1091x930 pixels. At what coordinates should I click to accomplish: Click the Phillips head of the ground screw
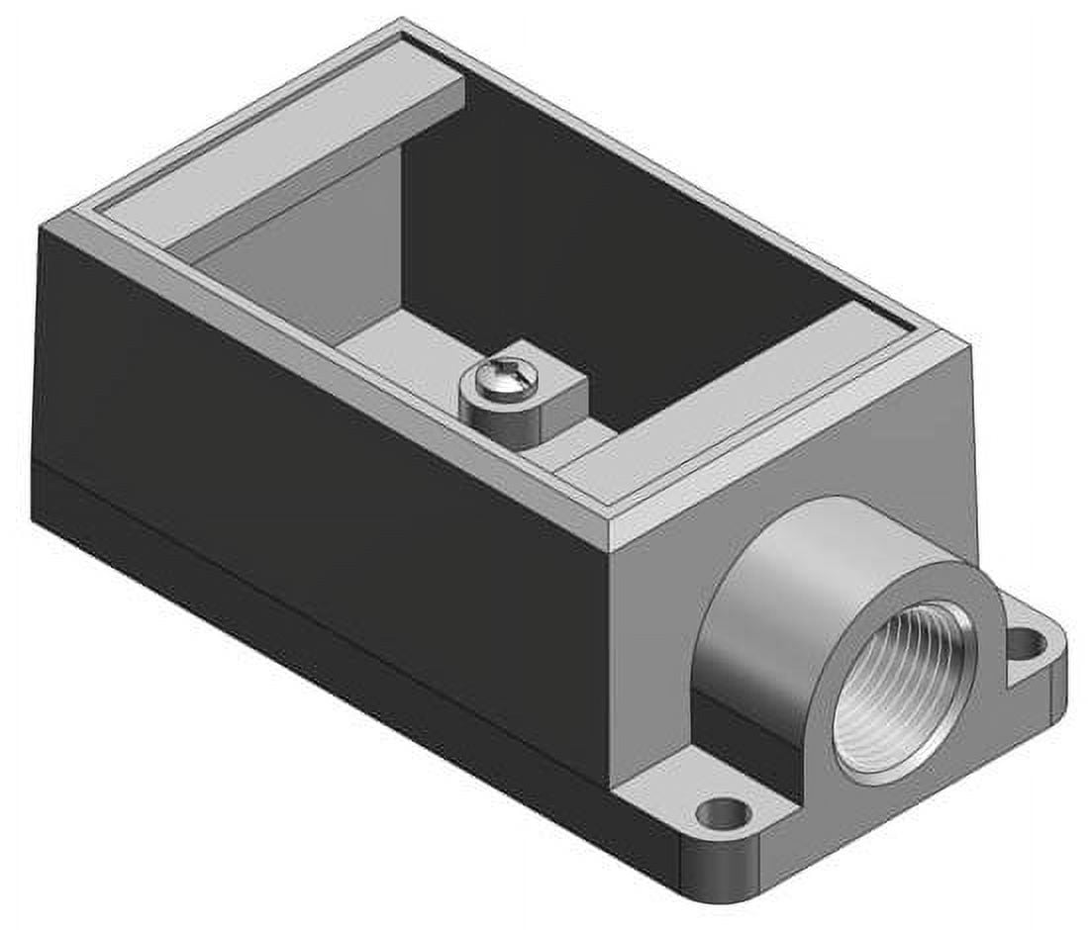(x=498, y=375)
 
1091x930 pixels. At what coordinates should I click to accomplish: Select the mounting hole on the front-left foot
(x=721, y=814)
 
